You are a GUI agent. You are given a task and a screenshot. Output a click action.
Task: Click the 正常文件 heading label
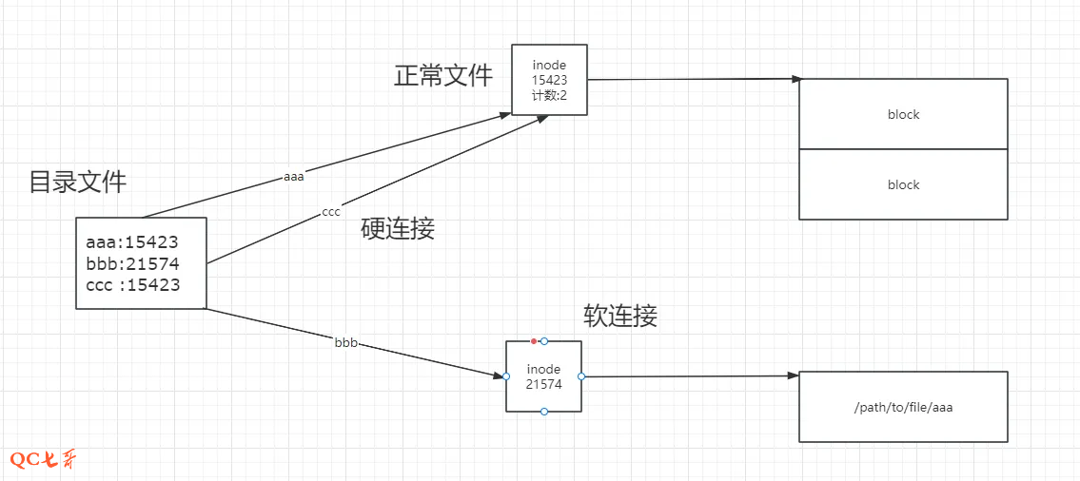443,76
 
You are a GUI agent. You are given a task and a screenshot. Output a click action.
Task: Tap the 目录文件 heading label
78,182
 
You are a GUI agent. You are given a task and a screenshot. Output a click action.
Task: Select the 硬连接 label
398,228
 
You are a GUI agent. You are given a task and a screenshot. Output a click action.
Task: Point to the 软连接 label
620,316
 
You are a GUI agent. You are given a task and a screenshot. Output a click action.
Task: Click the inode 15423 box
549,80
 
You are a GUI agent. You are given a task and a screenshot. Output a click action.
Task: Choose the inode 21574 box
543,376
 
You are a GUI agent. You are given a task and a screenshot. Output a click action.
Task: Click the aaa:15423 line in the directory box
132,242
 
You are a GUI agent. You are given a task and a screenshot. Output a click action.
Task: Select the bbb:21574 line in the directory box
132,263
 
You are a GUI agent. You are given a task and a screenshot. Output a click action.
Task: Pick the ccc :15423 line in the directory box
132,284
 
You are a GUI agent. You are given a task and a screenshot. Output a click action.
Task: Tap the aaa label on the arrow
295,177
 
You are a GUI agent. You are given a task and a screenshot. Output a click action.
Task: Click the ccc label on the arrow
331,212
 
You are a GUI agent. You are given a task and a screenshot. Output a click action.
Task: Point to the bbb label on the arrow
346,342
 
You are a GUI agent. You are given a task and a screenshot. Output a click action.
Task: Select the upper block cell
903,114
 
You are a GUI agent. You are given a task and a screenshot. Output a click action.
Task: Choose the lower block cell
903,184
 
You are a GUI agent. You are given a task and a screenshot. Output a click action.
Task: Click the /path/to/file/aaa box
903,407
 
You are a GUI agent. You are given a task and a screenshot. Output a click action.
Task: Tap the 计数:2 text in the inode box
550,95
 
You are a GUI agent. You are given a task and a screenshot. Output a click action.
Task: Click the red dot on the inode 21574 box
534,340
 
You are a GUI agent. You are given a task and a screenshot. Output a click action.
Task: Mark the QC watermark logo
43,460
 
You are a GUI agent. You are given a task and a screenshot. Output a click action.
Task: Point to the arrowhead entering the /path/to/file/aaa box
794,376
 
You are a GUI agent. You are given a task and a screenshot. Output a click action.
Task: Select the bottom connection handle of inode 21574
543,412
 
